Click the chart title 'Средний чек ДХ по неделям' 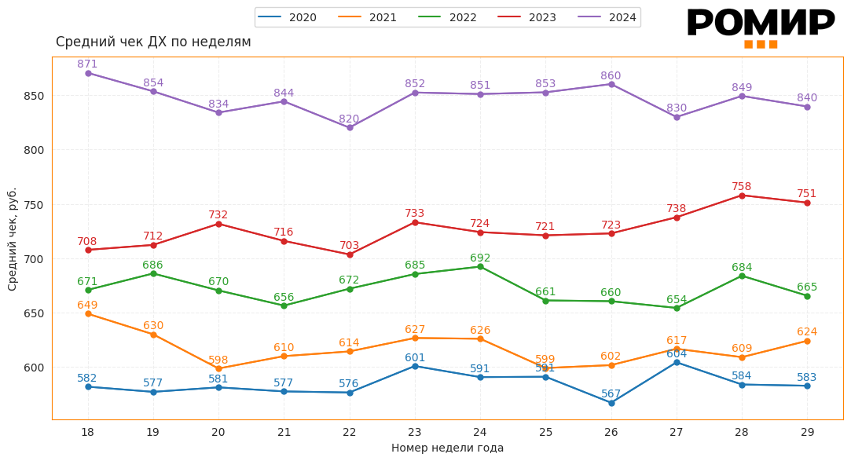[x=153, y=42]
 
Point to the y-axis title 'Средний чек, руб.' [x=13, y=239]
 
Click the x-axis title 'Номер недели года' [x=447, y=448]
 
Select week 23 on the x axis [x=415, y=432]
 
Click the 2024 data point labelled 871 [x=88, y=73]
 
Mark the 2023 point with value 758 [x=742, y=196]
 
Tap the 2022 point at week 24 [x=480, y=267]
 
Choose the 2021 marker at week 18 [x=88, y=314]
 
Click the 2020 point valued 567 [x=611, y=403]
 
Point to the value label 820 [x=349, y=119]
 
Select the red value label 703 [x=349, y=246]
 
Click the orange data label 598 [x=218, y=360]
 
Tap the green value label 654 [x=677, y=300]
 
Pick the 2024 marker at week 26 [x=611, y=84]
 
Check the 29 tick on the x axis [x=807, y=432]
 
